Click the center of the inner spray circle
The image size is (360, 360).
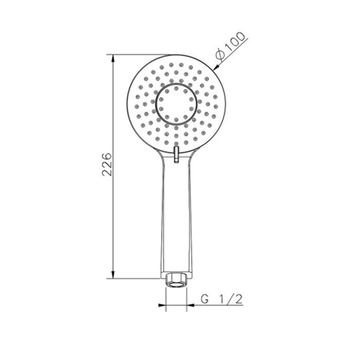click(176, 104)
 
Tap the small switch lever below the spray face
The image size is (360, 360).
click(176, 153)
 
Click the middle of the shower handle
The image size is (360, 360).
click(176, 216)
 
